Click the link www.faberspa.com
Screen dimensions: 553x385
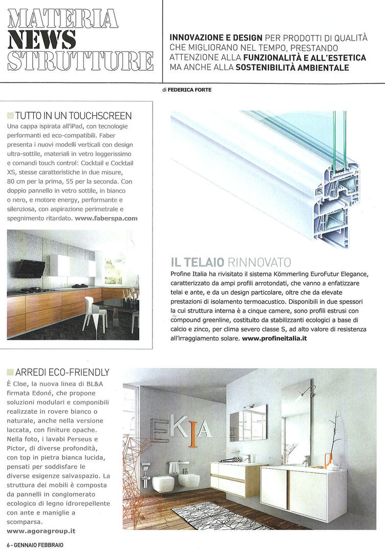click(x=106, y=218)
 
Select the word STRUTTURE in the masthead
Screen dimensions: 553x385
click(x=81, y=60)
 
